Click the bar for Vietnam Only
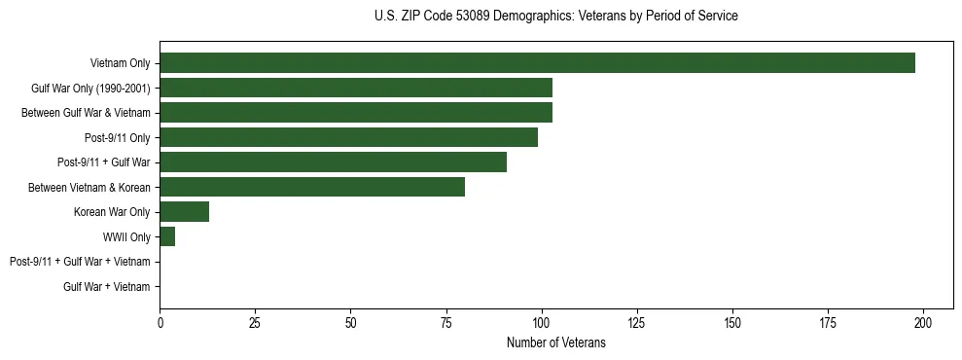pos(537,63)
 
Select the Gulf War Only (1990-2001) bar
pos(356,89)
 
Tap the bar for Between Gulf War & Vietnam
pos(356,113)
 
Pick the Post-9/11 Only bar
pos(348,138)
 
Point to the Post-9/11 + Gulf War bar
pos(333,162)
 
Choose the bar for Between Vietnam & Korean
pos(312,187)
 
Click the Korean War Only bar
pos(184,212)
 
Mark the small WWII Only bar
pos(167,236)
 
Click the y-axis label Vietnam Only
pos(120,64)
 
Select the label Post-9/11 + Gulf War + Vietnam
pos(80,262)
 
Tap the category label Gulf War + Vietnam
pos(107,287)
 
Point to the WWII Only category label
pos(126,237)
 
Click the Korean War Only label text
pos(112,212)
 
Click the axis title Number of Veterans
pos(555,342)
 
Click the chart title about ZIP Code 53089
pos(555,17)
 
